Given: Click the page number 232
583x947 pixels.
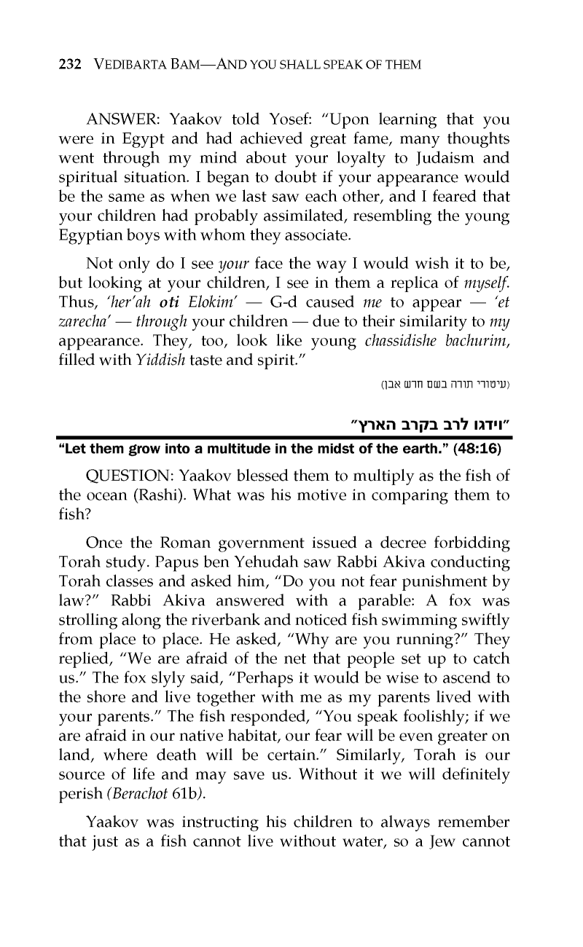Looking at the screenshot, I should click(x=69, y=65).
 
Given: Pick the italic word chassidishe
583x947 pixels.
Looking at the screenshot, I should click(x=416, y=320).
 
